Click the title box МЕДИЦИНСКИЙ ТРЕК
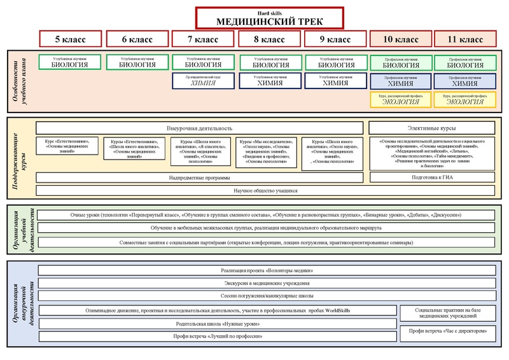click(x=269, y=18)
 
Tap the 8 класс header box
click(x=270, y=39)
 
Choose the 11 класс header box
click(x=464, y=39)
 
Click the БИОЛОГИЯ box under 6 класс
click(x=138, y=62)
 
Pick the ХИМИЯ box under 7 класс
click(x=204, y=81)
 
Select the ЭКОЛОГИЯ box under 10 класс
click(x=400, y=100)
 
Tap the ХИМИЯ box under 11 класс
click(x=464, y=81)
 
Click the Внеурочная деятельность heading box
click(x=199, y=128)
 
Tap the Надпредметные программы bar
click(x=199, y=177)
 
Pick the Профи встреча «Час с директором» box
click(x=447, y=331)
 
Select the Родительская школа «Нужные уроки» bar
click(x=217, y=323)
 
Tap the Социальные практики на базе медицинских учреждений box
click(x=447, y=313)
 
